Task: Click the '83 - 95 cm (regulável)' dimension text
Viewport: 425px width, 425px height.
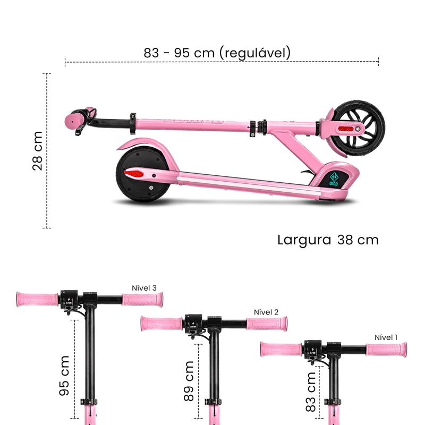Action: [x=217, y=53]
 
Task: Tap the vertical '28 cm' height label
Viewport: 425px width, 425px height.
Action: [x=38, y=151]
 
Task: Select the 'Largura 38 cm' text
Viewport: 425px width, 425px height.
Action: [x=328, y=240]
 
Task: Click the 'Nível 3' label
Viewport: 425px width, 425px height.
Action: [x=144, y=288]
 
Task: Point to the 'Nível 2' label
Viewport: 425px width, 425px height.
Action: [x=266, y=312]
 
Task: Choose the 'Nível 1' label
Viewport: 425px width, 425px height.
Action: [x=386, y=337]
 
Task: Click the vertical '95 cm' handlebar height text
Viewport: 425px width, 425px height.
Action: [x=64, y=376]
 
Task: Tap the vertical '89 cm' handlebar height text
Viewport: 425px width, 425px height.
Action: [x=189, y=381]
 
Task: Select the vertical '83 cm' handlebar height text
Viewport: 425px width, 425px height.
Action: [x=311, y=392]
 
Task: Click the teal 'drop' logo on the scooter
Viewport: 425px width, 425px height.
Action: [x=334, y=180]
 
